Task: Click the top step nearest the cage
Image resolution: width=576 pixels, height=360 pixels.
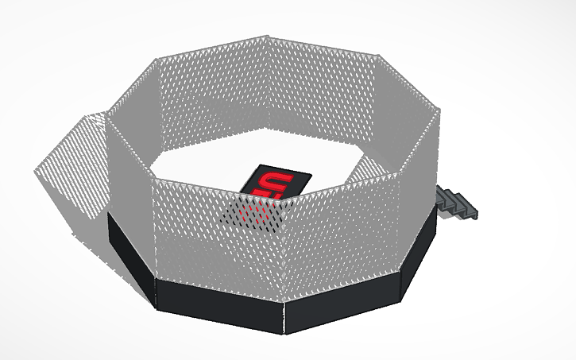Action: click(x=443, y=192)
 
